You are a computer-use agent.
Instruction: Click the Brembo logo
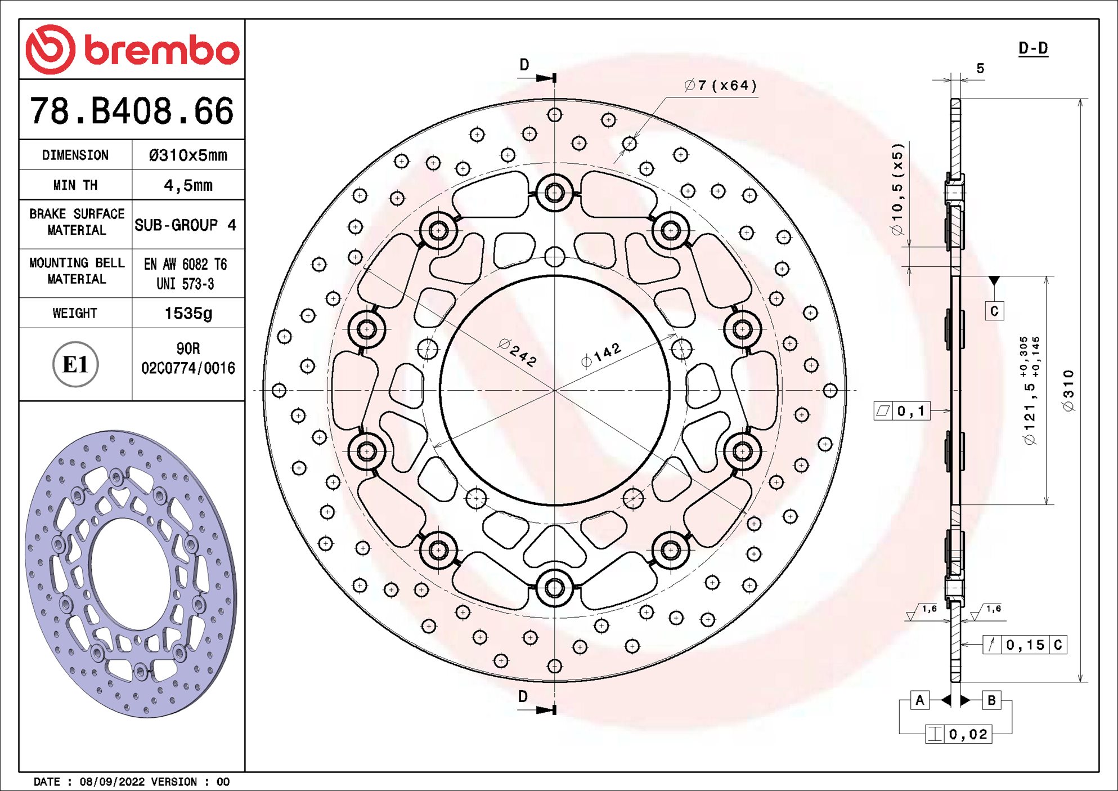coord(132,50)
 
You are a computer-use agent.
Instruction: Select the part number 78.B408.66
coord(132,111)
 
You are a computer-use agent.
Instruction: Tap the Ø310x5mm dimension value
coord(188,155)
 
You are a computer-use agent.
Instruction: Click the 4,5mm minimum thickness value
coord(188,185)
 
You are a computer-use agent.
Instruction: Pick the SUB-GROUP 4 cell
coord(186,225)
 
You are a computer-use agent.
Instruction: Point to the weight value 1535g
coord(188,314)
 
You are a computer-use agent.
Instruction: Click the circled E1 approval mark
coord(75,364)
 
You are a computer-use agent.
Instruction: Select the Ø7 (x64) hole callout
coord(721,86)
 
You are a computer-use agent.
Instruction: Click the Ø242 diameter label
coord(518,353)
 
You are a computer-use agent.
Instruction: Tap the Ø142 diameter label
coord(601,355)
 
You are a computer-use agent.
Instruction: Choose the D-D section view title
coord(1033,48)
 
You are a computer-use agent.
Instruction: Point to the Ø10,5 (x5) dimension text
coord(897,189)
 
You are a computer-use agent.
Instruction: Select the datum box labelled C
coord(994,311)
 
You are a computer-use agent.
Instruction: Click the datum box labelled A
coord(919,700)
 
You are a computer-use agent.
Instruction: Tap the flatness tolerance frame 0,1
coord(902,411)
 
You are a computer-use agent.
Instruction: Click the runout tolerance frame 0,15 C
coord(1025,645)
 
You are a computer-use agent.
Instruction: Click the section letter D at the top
coord(524,65)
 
